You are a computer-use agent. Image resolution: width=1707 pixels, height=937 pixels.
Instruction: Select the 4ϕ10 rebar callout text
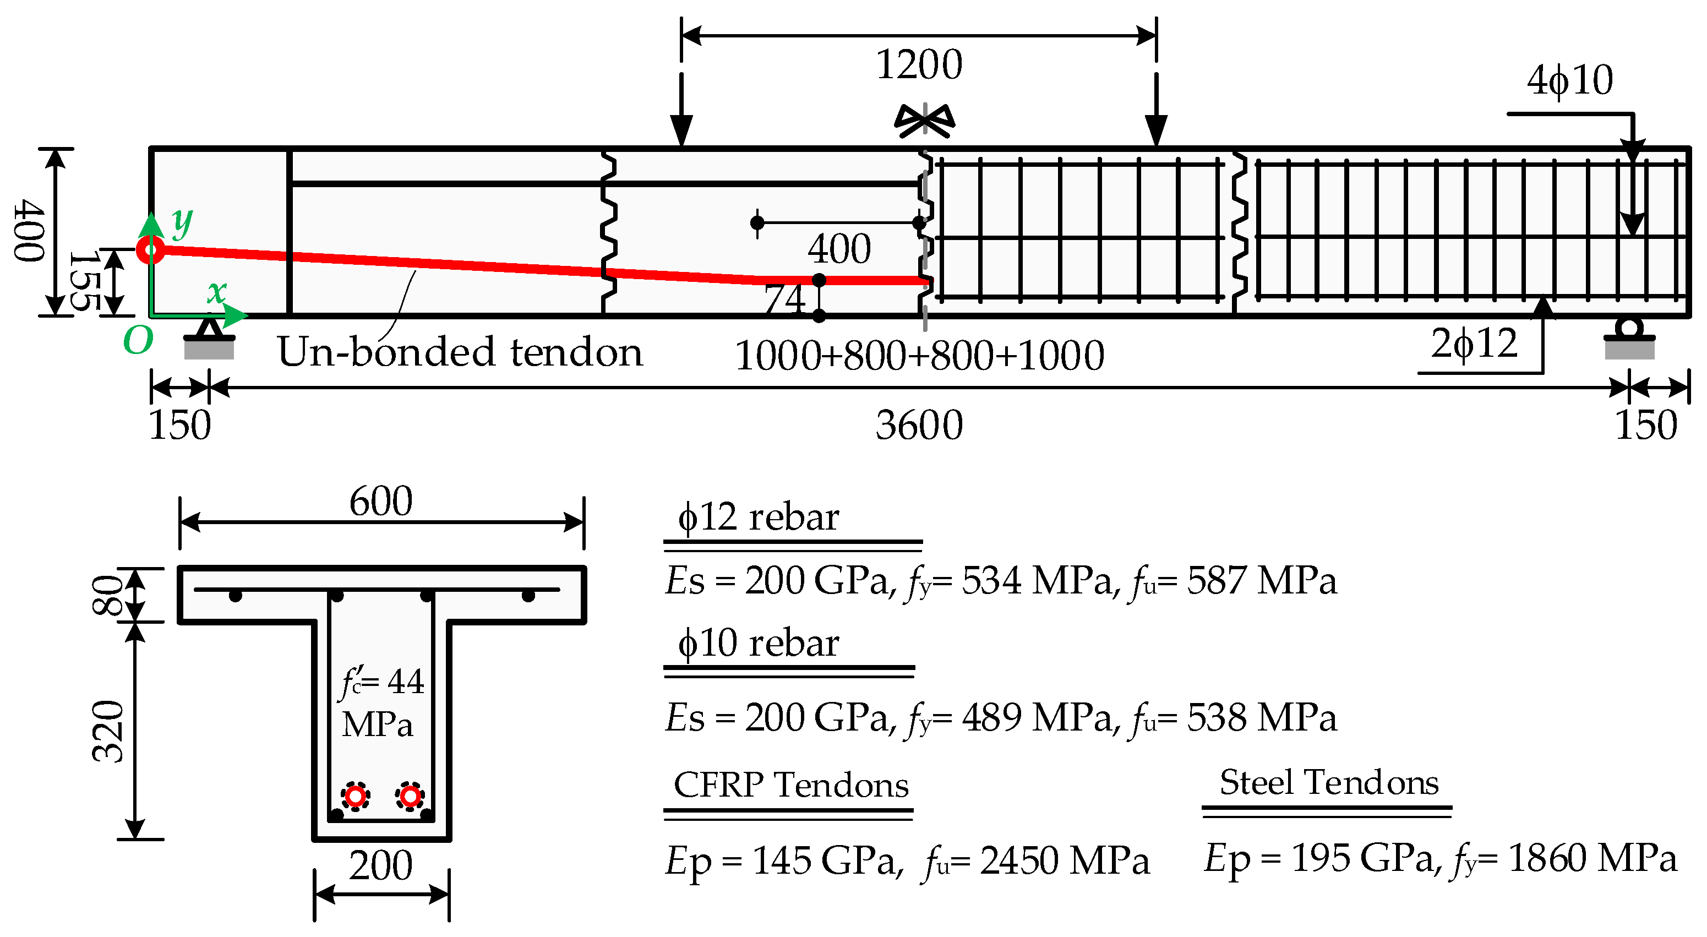tap(1569, 81)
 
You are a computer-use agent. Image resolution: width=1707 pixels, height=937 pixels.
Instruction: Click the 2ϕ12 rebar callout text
tap(1474, 344)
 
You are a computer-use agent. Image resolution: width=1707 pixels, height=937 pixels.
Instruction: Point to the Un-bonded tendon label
tap(459, 351)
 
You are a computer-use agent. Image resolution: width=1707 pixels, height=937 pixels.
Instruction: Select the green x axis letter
tap(217, 292)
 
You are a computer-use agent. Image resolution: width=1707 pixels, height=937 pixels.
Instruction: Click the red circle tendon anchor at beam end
tap(150, 250)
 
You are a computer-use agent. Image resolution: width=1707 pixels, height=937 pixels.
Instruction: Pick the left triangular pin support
tap(209, 329)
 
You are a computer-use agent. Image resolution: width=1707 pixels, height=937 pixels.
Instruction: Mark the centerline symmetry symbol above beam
tap(924, 121)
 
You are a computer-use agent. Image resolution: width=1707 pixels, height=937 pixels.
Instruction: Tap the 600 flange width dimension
tap(380, 501)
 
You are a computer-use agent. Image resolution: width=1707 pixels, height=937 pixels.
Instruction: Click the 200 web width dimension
tap(380, 865)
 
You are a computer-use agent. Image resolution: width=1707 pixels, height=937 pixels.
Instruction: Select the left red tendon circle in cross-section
tap(356, 795)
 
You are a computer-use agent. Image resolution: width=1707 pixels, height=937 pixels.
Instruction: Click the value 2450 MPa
tap(1064, 861)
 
